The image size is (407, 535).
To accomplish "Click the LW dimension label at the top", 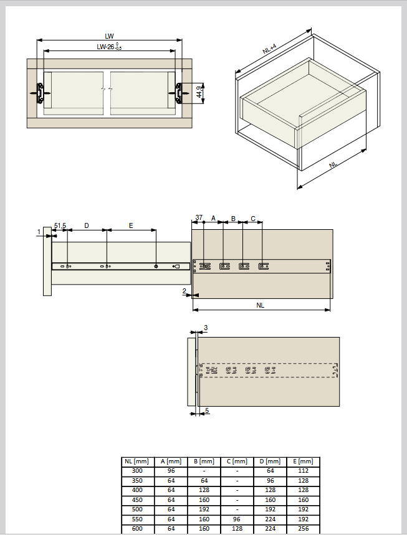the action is click(109, 36).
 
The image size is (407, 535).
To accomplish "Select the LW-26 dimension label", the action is click(109, 47).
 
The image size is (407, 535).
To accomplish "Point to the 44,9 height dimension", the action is click(199, 92).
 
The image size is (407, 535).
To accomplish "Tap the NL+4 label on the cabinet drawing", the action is click(269, 49).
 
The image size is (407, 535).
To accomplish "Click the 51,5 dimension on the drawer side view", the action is click(60, 225).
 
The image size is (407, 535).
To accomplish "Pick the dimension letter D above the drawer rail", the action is click(87, 225).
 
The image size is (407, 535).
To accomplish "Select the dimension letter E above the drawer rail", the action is click(131, 225).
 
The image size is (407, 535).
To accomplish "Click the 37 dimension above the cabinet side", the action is click(199, 217).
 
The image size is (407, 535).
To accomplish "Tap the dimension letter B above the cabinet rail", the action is click(233, 219).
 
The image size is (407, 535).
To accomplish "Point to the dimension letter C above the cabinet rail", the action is click(253, 219).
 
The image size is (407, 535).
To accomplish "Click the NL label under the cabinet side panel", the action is click(261, 305).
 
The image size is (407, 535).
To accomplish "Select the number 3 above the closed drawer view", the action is click(206, 328).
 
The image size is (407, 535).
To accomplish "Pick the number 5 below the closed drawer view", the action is click(207, 410).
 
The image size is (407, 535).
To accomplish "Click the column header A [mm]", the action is click(171, 462).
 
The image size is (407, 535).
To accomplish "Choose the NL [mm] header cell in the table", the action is click(137, 462).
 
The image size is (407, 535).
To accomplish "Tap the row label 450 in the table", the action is click(137, 500).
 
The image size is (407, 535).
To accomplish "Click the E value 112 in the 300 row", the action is click(303, 471).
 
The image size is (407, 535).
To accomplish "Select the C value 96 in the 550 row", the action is click(237, 519).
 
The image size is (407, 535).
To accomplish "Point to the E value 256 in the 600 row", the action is click(303, 529).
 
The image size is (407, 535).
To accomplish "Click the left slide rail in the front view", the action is click(40, 92).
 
